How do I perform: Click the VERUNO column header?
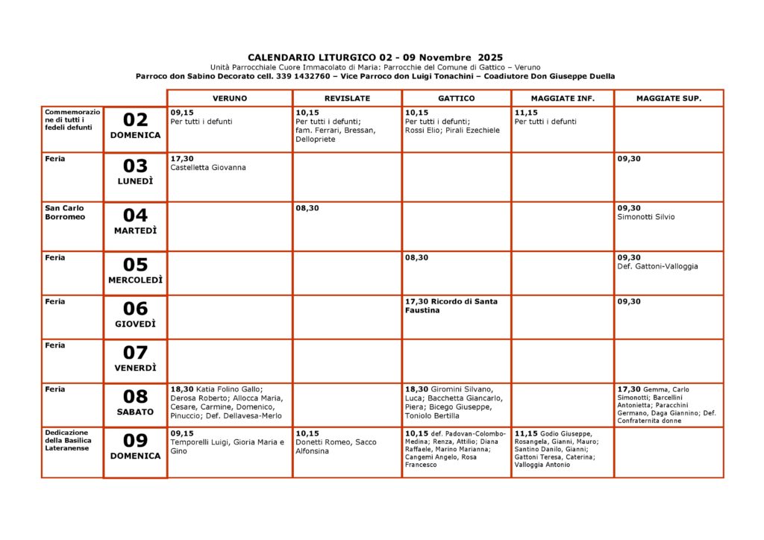(x=229, y=98)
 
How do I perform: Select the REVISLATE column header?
(x=347, y=98)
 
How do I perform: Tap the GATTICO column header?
(x=456, y=98)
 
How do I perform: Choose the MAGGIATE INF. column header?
(x=562, y=98)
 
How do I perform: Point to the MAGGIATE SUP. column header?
(x=668, y=98)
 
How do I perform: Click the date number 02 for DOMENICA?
(x=135, y=120)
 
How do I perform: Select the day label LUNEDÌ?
(x=135, y=181)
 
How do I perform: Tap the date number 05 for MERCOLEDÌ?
(x=135, y=265)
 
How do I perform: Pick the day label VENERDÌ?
(x=135, y=368)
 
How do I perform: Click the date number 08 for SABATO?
(x=135, y=397)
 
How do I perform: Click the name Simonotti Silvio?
(x=646, y=217)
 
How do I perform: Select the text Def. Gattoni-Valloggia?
(x=658, y=266)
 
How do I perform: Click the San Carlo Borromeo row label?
(x=66, y=213)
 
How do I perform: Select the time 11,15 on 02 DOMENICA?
(x=526, y=113)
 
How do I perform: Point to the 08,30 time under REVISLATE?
(x=307, y=208)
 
